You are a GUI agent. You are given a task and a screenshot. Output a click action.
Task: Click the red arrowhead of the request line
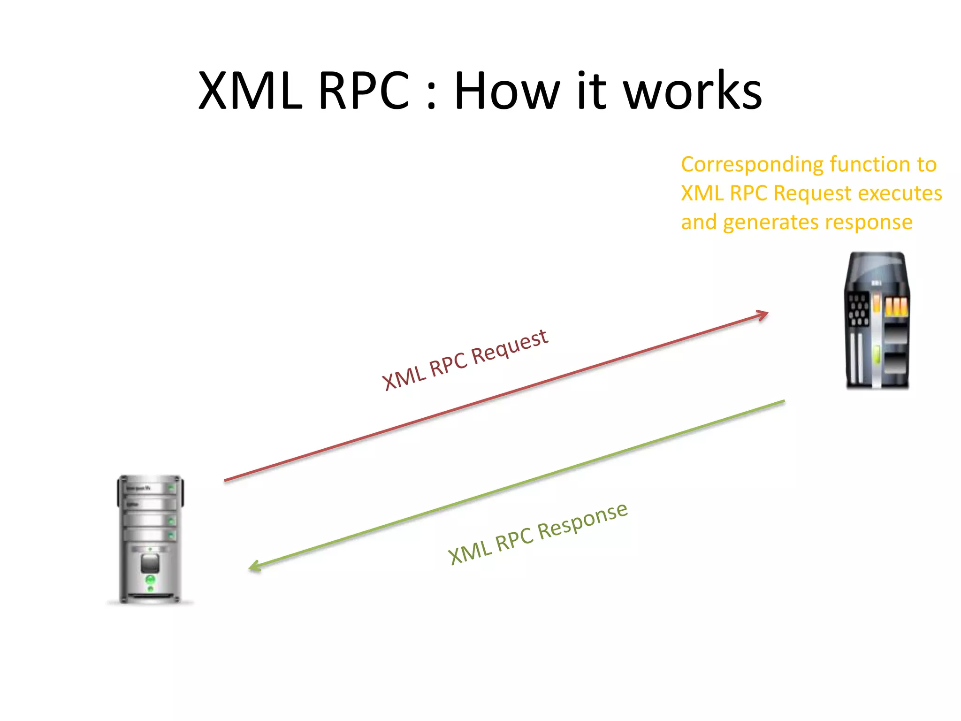point(763,315)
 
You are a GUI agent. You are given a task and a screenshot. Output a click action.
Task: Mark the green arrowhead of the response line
point(254,567)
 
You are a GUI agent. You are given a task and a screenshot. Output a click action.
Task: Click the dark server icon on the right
point(877,321)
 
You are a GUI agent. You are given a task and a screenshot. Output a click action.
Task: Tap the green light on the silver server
point(151,580)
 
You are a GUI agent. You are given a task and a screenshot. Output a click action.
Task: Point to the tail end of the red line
point(226,480)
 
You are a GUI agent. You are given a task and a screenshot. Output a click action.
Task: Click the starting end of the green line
point(783,401)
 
